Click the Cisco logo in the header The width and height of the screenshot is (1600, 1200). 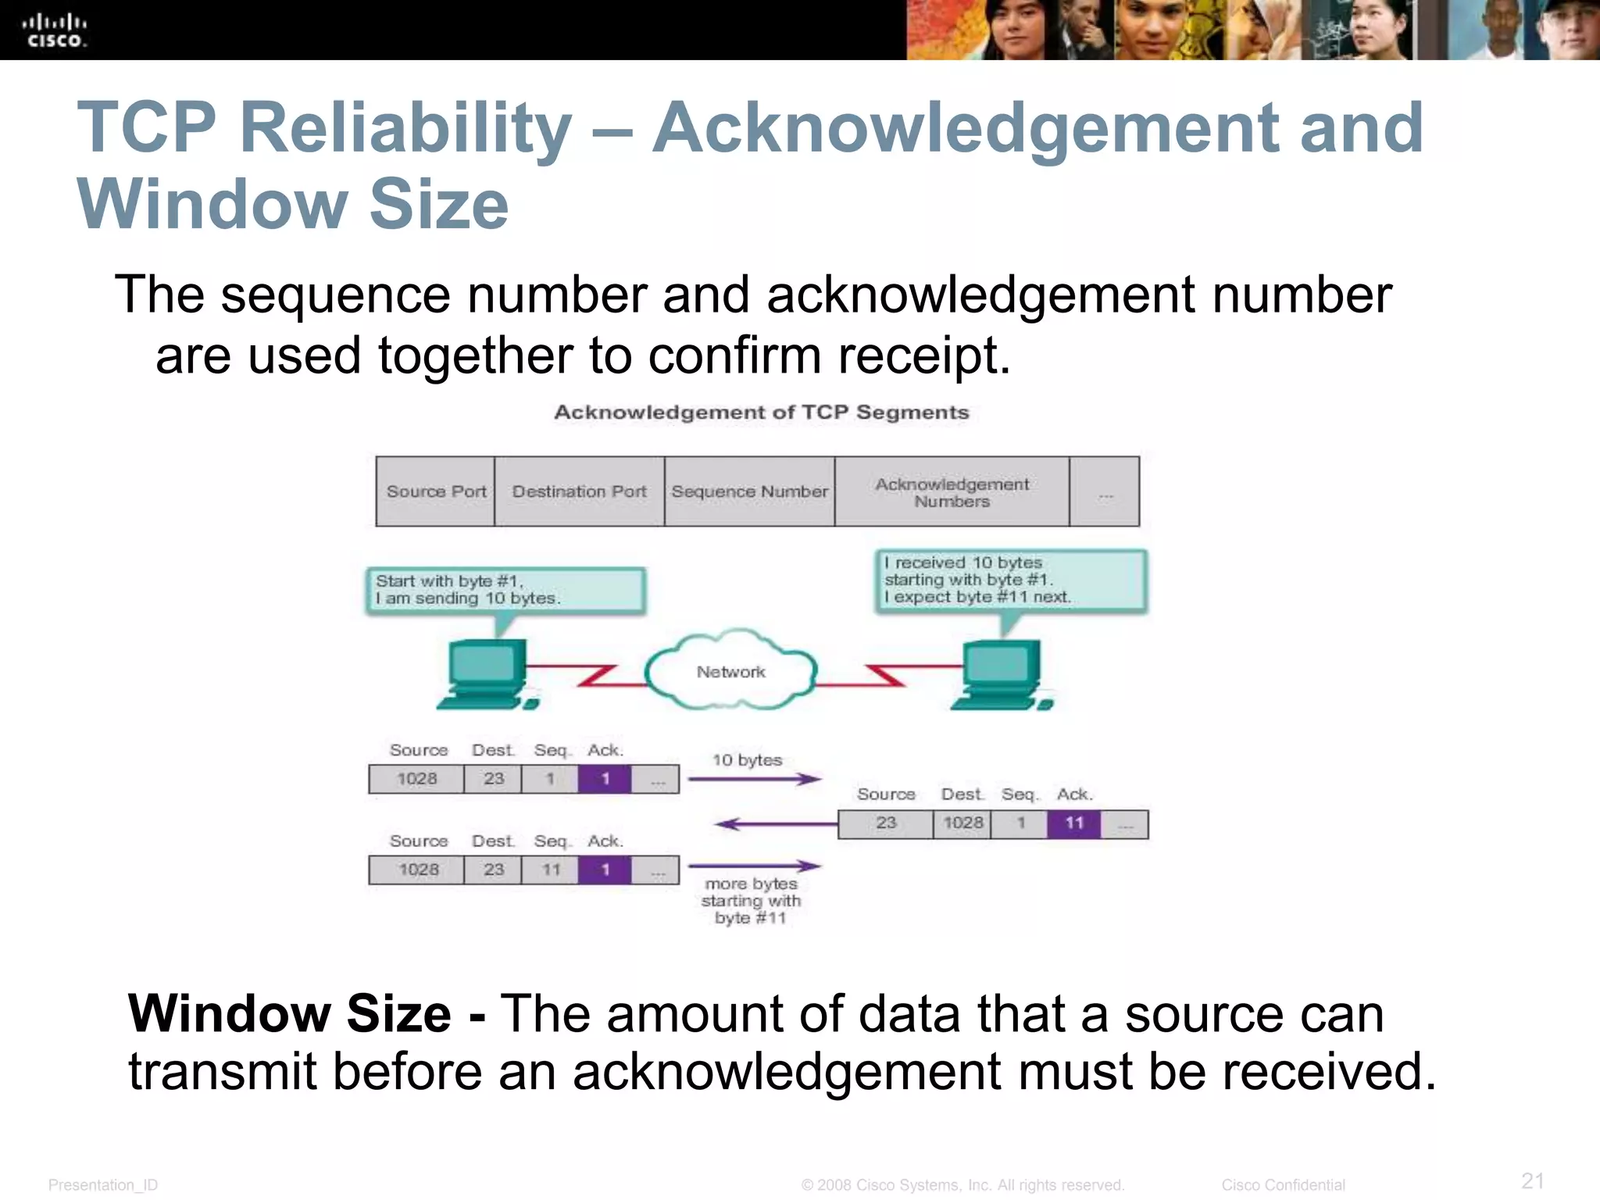[x=54, y=30]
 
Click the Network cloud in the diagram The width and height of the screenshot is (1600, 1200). [x=730, y=671]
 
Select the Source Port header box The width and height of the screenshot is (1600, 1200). [x=435, y=491]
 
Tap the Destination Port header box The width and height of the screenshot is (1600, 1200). [x=579, y=491]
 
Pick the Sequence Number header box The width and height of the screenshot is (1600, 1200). [x=749, y=491]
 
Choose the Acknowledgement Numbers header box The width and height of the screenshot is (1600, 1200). [x=952, y=492]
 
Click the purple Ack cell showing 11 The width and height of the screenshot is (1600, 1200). [x=1074, y=823]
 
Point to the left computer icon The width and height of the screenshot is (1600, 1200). [x=485, y=673]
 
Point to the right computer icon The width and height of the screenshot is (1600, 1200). [x=1001, y=674]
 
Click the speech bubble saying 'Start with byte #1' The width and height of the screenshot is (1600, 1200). [x=505, y=590]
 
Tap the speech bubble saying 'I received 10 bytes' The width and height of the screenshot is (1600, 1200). [x=1010, y=580]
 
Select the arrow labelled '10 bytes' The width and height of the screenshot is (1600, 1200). [x=755, y=778]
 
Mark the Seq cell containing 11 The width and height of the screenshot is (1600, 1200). [x=551, y=870]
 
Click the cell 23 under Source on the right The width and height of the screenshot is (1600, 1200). [x=885, y=823]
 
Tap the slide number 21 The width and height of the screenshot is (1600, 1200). [x=1532, y=1180]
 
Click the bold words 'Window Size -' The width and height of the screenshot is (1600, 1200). [x=307, y=1013]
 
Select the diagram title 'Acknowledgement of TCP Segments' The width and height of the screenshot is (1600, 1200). [x=761, y=412]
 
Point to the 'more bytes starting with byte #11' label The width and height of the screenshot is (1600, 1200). [x=751, y=901]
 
